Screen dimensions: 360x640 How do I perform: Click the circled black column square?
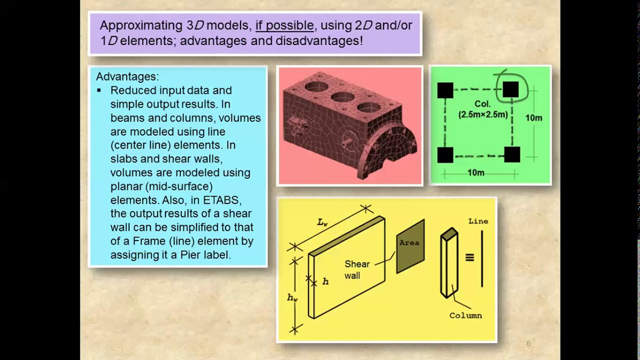point(510,89)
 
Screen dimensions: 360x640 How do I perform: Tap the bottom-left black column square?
point(445,155)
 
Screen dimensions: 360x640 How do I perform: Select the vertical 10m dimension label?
point(533,118)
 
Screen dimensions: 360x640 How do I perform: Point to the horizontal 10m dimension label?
point(475,173)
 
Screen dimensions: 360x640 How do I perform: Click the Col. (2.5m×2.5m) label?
point(483,109)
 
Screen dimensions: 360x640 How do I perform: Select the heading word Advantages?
point(127,76)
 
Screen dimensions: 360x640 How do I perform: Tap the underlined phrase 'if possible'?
point(284,25)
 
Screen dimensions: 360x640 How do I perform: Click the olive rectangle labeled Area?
point(410,246)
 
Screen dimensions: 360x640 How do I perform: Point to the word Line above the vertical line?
point(478,221)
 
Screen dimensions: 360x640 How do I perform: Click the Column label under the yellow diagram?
point(465,315)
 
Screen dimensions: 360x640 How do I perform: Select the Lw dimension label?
point(322,222)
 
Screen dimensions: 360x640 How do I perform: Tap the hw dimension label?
point(292,297)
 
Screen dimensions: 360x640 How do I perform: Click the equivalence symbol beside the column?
point(469,257)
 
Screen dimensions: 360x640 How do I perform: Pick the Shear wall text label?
point(357,269)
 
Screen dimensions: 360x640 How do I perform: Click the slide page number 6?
point(528,343)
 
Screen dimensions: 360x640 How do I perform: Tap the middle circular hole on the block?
point(343,97)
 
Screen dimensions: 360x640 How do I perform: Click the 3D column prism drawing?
point(449,262)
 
